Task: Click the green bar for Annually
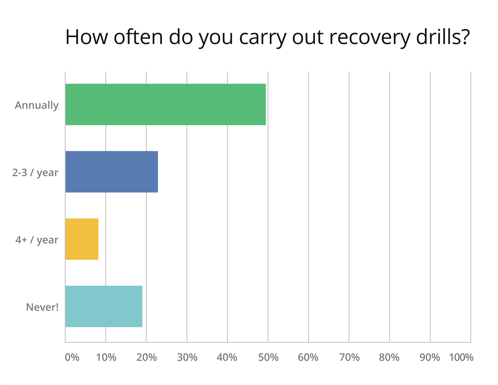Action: [x=165, y=104]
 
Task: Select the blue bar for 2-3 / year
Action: [x=112, y=172]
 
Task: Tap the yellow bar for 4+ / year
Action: [x=82, y=239]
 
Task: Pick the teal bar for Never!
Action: [x=104, y=306]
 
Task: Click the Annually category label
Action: [x=37, y=105]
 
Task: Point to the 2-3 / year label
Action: [x=35, y=173]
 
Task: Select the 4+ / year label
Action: [x=37, y=240]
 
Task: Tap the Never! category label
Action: [x=42, y=307]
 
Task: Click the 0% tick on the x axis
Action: [x=72, y=357]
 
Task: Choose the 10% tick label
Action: [x=106, y=357]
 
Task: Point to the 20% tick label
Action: [x=147, y=357]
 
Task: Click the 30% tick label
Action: [x=187, y=357]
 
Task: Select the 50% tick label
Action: [x=268, y=357]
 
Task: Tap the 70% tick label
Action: [x=349, y=357]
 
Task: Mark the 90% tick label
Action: [x=430, y=357]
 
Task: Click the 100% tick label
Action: [x=461, y=357]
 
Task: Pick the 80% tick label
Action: [x=389, y=357]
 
